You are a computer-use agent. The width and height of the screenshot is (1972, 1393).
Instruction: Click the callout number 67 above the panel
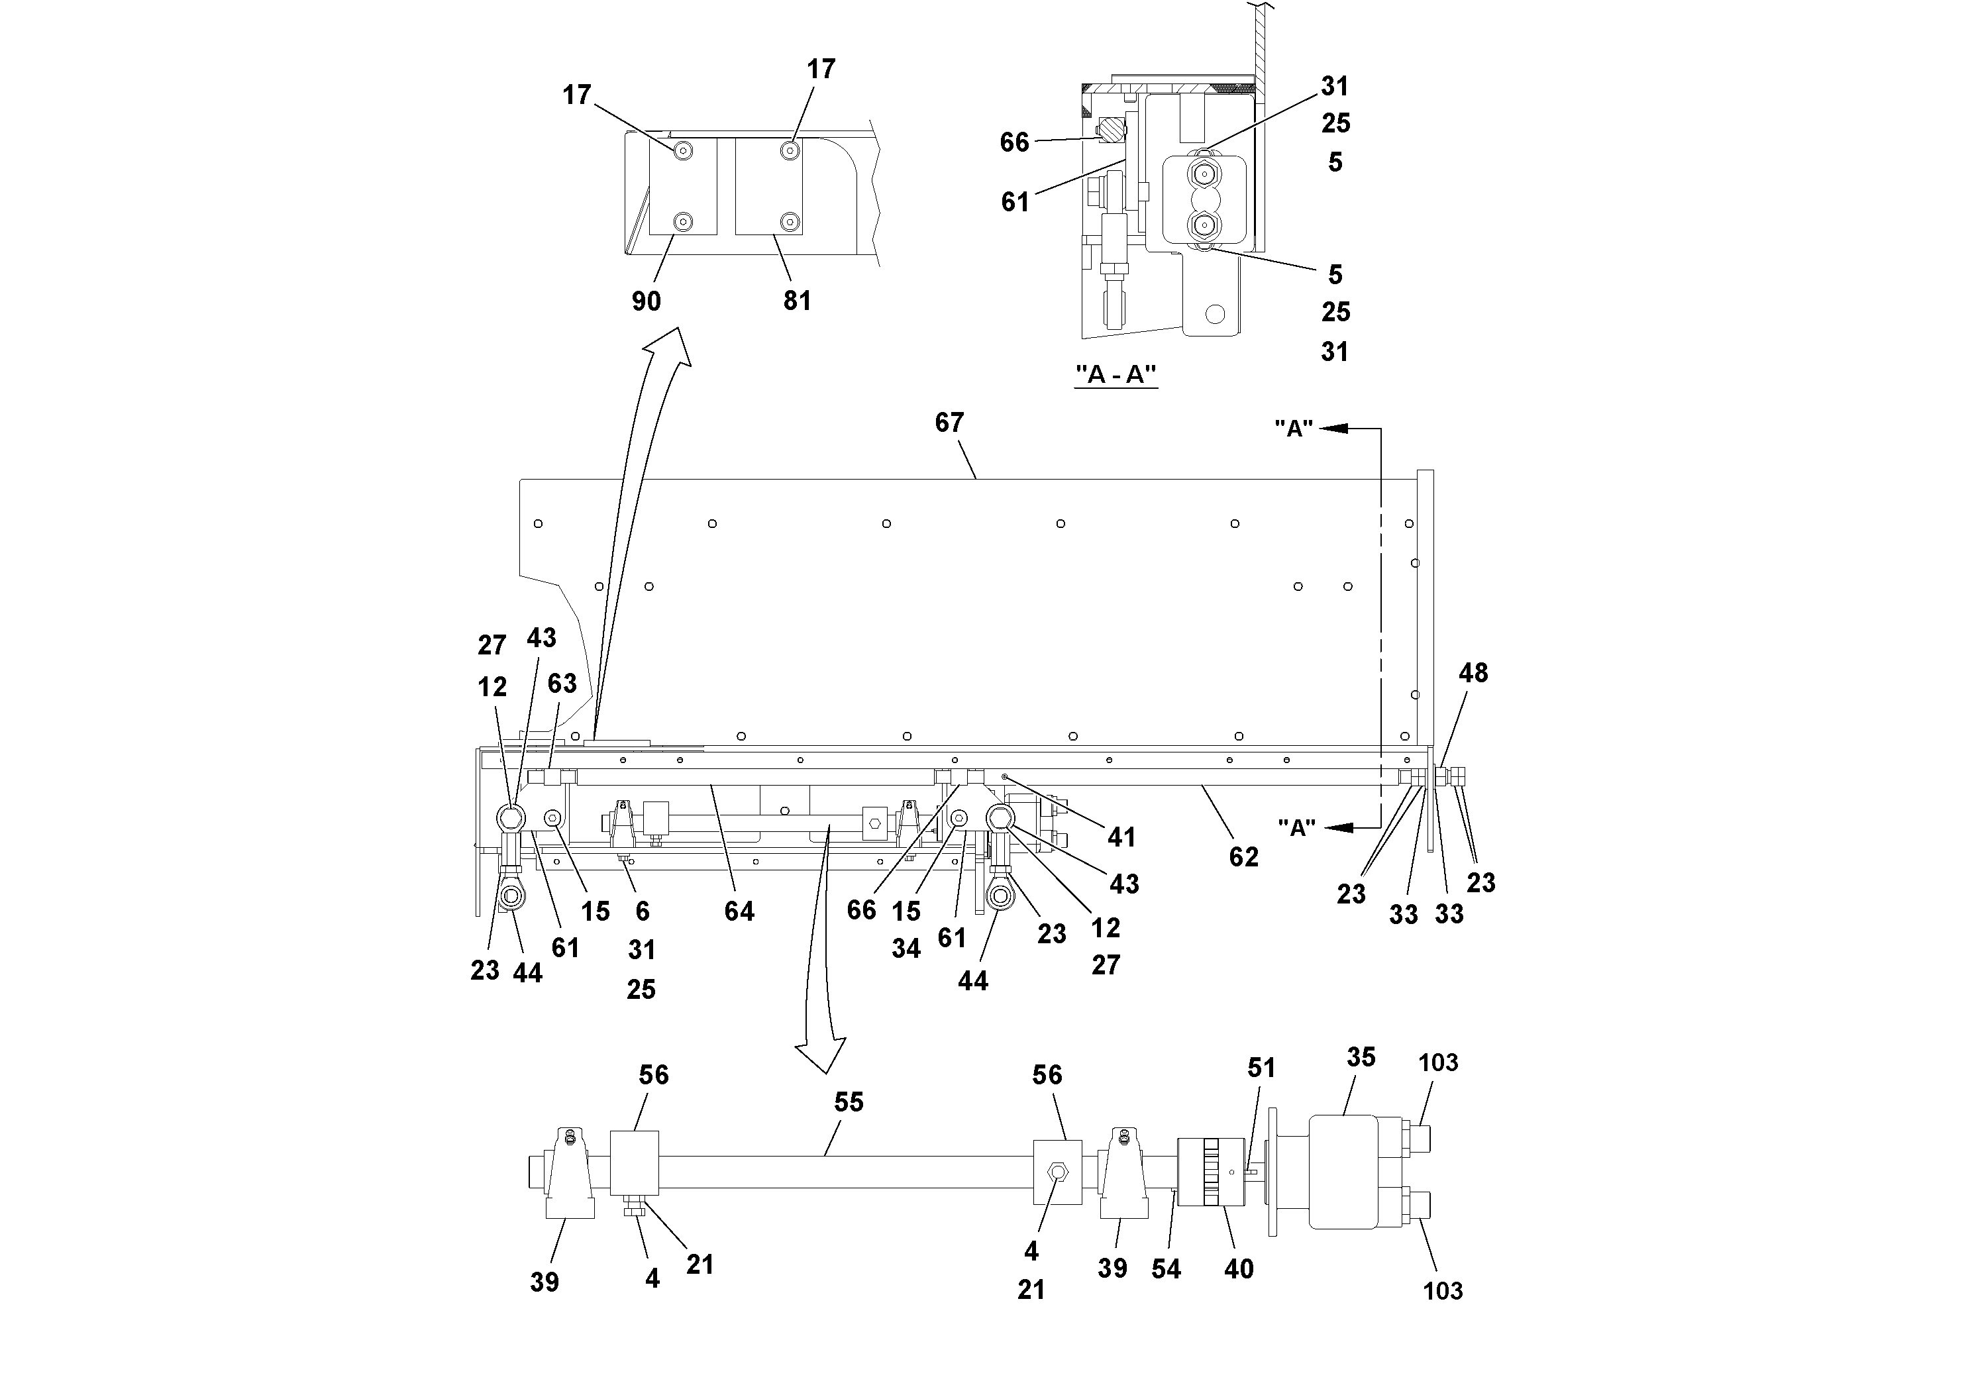949,423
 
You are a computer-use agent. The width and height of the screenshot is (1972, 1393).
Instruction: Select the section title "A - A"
1116,376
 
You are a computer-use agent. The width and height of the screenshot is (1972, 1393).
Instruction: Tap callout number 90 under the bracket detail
646,301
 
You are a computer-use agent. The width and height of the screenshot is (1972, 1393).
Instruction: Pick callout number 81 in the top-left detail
796,301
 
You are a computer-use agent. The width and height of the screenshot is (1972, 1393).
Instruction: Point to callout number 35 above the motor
1361,1057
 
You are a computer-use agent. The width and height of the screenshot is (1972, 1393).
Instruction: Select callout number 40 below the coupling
1237,1268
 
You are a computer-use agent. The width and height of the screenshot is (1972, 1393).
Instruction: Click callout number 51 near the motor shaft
1261,1068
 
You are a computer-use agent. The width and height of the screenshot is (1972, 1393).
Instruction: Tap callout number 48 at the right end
1473,672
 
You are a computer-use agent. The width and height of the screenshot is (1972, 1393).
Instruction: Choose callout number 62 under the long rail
1243,856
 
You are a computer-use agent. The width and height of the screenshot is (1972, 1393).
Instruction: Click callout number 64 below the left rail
739,911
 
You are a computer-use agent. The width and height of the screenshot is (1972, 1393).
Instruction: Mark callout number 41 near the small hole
1121,837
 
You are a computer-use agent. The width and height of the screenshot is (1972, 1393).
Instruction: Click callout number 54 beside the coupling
1165,1268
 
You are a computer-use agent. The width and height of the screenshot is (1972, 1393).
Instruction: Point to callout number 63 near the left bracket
562,684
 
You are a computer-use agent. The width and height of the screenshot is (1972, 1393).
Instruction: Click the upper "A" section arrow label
1294,429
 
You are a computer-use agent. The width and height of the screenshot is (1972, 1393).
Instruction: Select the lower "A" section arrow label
1296,828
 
